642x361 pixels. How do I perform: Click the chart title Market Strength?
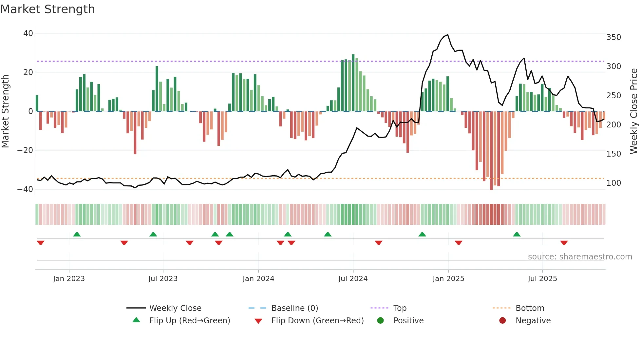coord(47,9)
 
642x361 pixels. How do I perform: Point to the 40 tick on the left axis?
coord(28,33)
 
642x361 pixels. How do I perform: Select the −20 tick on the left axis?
coord(25,150)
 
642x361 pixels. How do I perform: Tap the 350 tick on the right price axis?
coord(614,37)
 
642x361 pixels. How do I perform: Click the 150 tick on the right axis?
coord(614,154)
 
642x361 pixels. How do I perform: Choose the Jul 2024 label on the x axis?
coord(353,279)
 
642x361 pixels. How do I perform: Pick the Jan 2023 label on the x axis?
coord(69,279)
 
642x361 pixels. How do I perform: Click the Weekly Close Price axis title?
coord(634,111)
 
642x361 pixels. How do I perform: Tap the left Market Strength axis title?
coord(5,111)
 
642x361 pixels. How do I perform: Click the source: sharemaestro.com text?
coord(580,257)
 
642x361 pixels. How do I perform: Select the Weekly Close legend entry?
coord(175,308)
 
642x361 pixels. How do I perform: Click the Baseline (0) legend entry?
coord(294,308)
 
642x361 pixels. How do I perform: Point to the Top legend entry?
coord(400,308)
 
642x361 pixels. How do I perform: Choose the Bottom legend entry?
coord(530,308)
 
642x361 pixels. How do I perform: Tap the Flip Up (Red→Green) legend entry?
coord(189,321)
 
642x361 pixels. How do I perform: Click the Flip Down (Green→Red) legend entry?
coord(317,321)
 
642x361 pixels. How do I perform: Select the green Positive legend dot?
coord(380,321)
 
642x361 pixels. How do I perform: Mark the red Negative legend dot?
coord(502,321)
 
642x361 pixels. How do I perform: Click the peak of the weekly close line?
coord(448,35)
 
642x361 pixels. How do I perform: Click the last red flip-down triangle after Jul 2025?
coord(564,243)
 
